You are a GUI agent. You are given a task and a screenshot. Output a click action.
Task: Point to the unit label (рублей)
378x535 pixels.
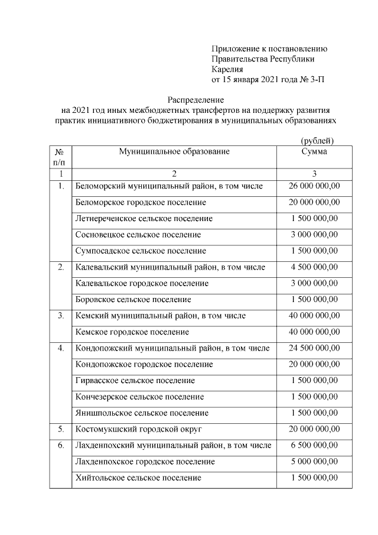pos(317,141)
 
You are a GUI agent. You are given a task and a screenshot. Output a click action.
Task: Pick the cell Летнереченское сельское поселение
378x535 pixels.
pos(144,219)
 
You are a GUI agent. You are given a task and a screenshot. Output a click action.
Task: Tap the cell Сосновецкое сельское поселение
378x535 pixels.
pos(138,235)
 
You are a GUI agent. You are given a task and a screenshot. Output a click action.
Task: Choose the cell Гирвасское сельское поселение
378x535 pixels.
pos(135,380)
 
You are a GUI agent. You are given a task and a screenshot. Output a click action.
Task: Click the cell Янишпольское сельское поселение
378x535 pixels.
pos(142,413)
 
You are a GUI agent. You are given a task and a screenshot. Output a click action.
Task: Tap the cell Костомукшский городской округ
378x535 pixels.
pos(139,429)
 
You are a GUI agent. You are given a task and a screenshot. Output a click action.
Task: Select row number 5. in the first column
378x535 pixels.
pos(60,429)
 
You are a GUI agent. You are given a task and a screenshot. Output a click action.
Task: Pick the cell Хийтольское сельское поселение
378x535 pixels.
pos(139,477)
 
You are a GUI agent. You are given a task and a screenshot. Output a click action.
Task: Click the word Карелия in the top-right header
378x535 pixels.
pos(227,69)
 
